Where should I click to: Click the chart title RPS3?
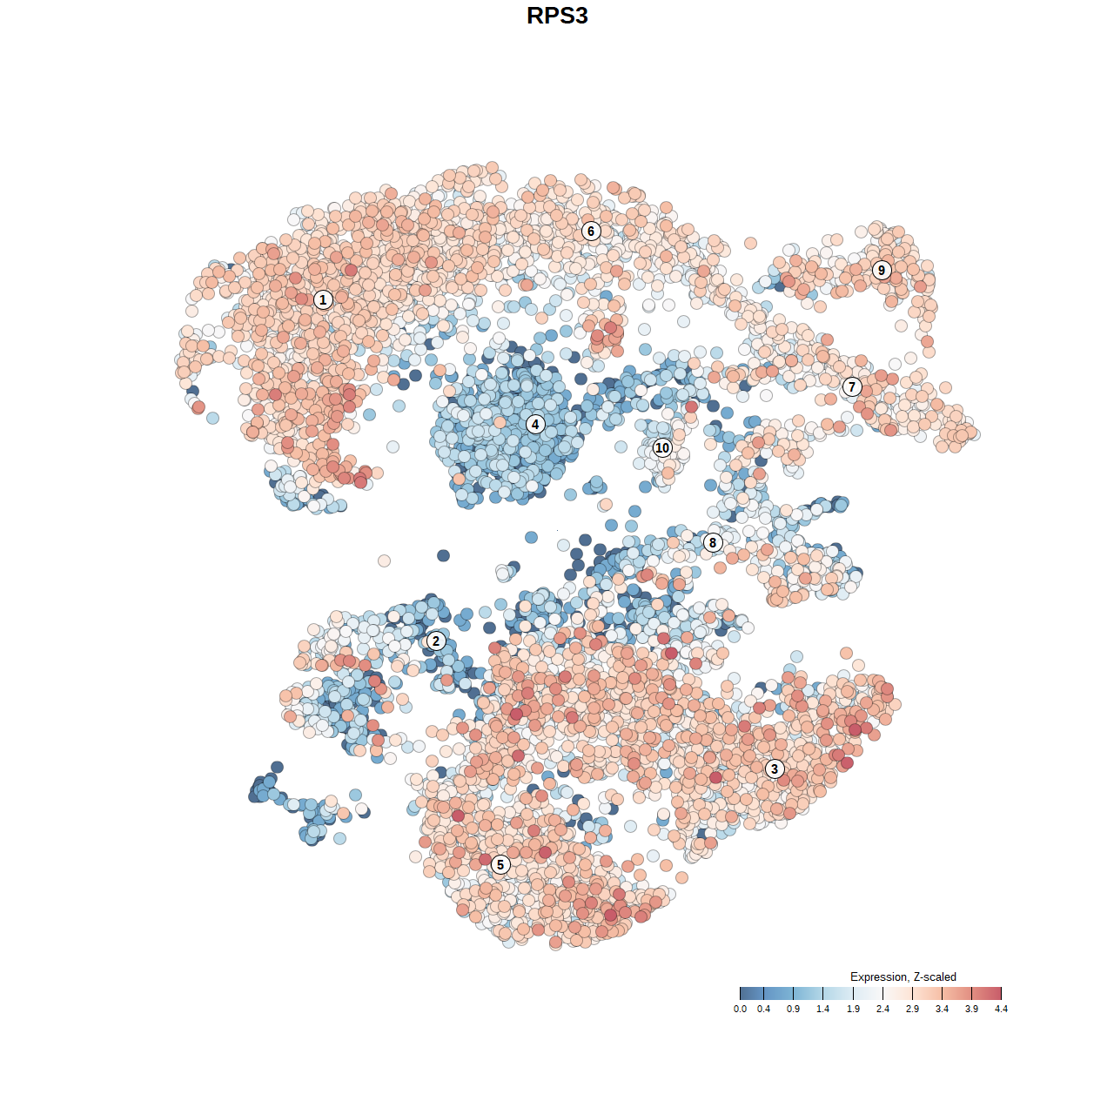(557, 16)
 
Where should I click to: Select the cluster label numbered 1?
(323, 300)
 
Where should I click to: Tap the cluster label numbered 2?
(435, 641)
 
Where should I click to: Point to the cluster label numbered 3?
(775, 768)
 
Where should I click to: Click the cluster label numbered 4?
(535, 425)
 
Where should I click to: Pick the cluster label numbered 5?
(500, 864)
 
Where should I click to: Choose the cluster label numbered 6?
(591, 231)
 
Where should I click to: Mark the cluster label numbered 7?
(852, 387)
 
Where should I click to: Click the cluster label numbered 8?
(713, 543)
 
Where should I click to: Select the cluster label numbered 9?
(882, 270)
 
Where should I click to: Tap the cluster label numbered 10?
(662, 448)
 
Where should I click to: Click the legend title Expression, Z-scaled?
(903, 977)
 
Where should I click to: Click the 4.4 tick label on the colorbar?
(1001, 1009)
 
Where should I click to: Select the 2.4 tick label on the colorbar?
(882, 1009)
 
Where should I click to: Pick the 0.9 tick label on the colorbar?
(794, 1009)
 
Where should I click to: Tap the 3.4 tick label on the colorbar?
(942, 1009)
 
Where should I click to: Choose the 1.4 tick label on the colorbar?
(823, 1009)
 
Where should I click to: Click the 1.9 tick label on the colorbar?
(853, 1009)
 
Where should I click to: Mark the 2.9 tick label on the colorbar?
(912, 1009)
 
